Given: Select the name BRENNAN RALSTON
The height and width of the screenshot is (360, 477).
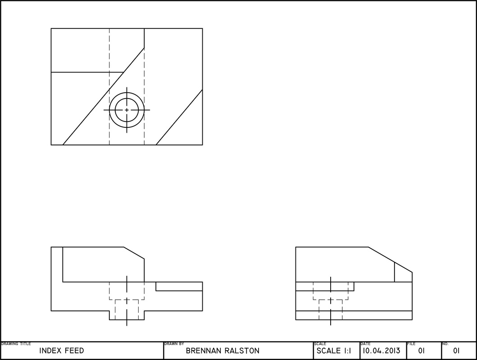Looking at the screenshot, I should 223,351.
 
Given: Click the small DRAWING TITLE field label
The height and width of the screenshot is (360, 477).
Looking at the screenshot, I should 16,344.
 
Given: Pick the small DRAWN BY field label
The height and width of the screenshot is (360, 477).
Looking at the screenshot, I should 174,344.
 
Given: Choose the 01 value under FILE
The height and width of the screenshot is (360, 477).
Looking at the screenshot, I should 422,351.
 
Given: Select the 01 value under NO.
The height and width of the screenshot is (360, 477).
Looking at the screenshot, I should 456,351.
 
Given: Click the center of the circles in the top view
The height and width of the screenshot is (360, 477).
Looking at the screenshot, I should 127,110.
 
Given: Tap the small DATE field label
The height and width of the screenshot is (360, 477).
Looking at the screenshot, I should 365,344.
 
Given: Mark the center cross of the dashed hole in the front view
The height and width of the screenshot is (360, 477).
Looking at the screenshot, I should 127,300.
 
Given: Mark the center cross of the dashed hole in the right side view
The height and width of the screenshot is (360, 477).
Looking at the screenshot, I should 331,300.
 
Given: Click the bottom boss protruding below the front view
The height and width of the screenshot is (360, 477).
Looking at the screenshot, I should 127,315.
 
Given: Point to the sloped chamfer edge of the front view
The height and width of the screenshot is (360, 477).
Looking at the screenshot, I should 134,252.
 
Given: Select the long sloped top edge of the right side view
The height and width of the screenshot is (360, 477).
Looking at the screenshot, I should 390,259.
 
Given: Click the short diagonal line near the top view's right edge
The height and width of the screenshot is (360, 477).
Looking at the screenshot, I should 179,117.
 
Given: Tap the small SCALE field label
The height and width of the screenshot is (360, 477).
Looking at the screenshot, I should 320,344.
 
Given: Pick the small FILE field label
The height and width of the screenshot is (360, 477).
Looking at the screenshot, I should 411,344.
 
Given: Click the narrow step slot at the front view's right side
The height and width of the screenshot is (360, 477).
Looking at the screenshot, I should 179,286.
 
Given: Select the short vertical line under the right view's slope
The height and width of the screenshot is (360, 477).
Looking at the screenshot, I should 395,272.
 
